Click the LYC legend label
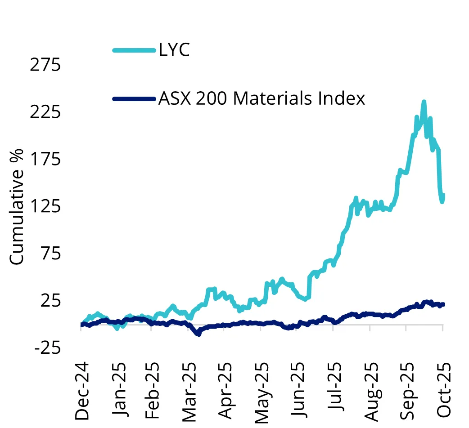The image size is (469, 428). (174, 50)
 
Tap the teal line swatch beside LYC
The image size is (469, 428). (134, 50)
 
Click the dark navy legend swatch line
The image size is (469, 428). (134, 98)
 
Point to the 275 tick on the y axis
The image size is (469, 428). (45, 65)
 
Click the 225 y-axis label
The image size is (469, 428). (45, 112)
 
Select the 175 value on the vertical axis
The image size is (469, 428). (45, 160)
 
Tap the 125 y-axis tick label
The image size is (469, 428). (45, 206)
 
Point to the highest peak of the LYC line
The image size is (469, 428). (424, 102)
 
